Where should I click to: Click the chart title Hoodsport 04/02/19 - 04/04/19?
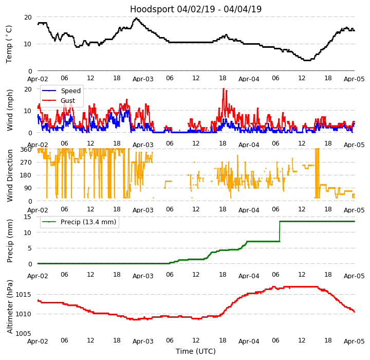(x=196, y=9)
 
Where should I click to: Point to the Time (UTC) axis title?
(x=196, y=351)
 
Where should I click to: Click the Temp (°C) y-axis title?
(x=9, y=44)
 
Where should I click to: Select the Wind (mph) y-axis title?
(x=10, y=110)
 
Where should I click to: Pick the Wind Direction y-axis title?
(x=10, y=175)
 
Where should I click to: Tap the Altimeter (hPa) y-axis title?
(x=10, y=306)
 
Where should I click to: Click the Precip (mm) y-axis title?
(x=10, y=240)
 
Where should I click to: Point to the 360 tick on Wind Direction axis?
(x=26, y=150)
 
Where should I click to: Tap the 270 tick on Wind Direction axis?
(x=26, y=163)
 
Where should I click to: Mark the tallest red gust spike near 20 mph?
(x=224, y=89)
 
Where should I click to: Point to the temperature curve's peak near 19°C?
(x=136, y=19)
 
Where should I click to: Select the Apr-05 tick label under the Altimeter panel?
(x=354, y=341)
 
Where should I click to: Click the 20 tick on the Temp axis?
(x=28, y=17)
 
